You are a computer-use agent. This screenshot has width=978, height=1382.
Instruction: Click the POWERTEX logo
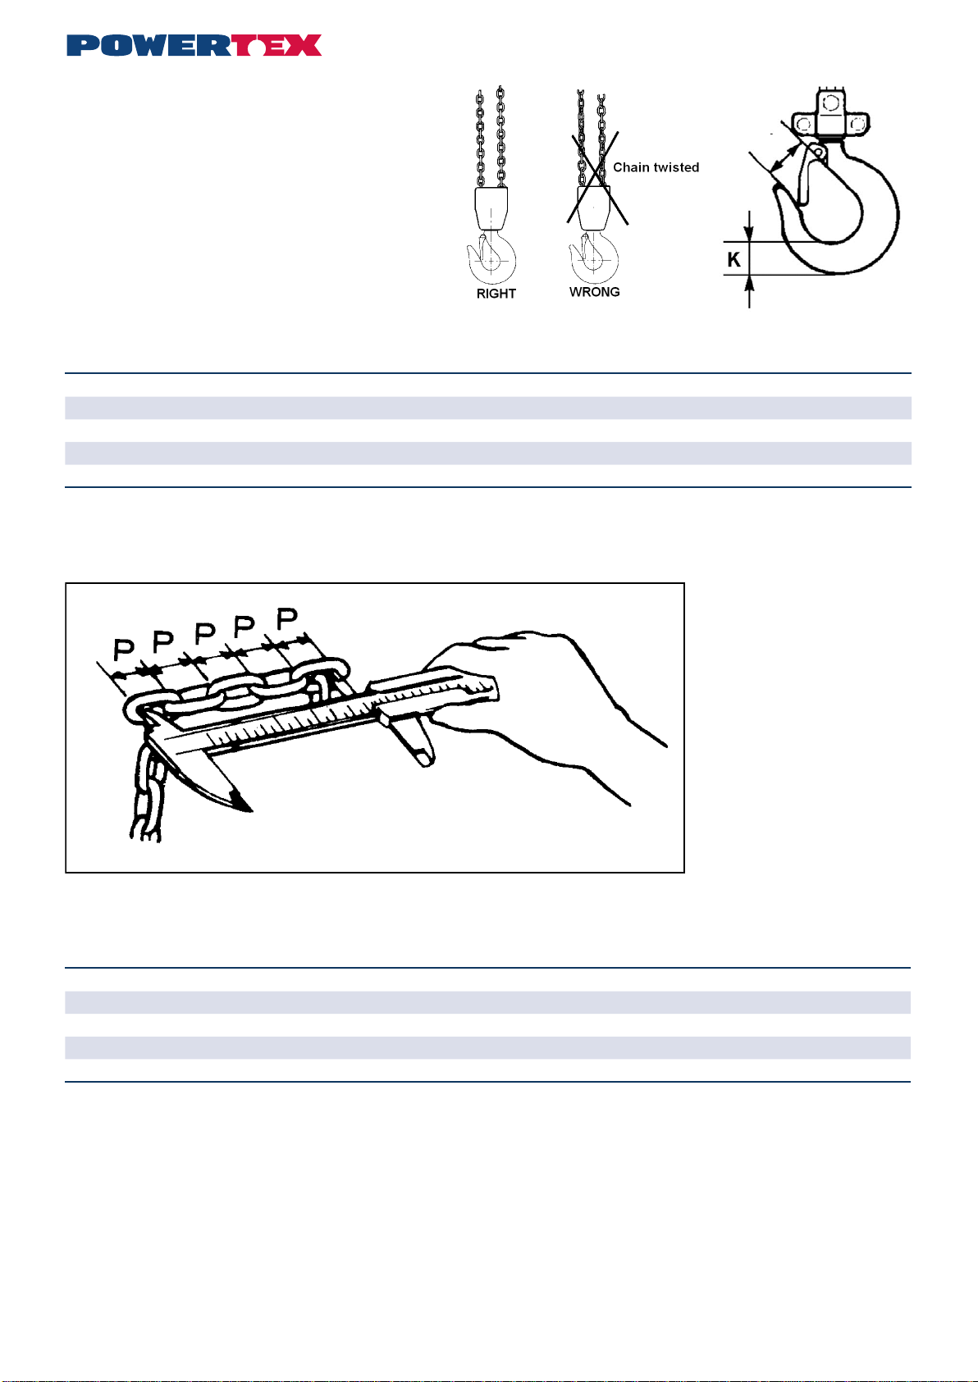tap(194, 45)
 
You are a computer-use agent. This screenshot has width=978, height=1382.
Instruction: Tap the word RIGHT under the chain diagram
tap(496, 294)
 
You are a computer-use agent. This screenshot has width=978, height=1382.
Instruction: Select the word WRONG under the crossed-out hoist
tap(594, 292)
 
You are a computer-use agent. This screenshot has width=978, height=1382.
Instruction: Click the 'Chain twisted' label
tap(656, 167)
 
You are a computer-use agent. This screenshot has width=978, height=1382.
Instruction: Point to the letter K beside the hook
tap(733, 260)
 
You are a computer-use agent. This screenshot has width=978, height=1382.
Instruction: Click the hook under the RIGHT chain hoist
tap(491, 258)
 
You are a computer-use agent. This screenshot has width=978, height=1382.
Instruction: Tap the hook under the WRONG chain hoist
tap(593, 258)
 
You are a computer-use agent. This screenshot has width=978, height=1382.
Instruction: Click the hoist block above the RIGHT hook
tap(491, 208)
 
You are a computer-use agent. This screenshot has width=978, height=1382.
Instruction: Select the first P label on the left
tap(123, 650)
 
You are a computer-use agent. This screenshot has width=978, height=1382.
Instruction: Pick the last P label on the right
tap(287, 618)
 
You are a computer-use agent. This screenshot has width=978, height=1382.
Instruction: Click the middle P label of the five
tap(205, 634)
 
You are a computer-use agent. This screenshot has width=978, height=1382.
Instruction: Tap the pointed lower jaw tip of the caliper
tap(250, 810)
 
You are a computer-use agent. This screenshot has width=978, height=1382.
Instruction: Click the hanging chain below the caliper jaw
tap(148, 796)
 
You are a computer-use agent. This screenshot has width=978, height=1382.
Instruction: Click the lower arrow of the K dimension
tap(749, 291)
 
